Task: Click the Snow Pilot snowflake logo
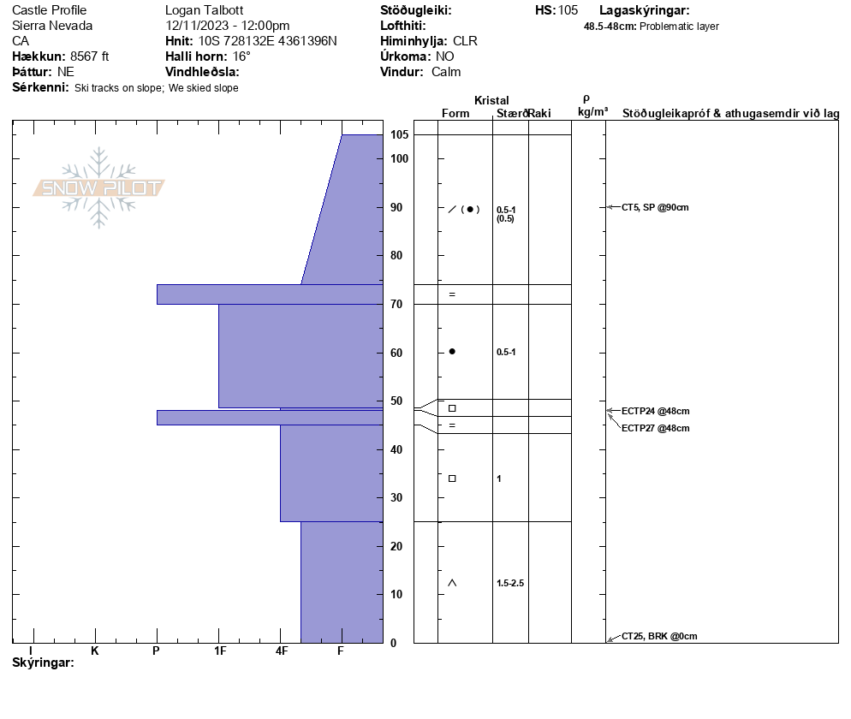click(98, 187)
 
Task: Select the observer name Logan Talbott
click(204, 10)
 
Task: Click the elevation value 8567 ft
click(90, 56)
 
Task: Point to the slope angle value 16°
click(241, 56)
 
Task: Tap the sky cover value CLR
click(465, 41)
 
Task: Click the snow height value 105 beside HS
click(568, 10)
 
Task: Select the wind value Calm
click(446, 72)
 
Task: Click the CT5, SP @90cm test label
click(655, 207)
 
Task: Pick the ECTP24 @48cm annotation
click(656, 412)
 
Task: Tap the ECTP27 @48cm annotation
click(656, 428)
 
